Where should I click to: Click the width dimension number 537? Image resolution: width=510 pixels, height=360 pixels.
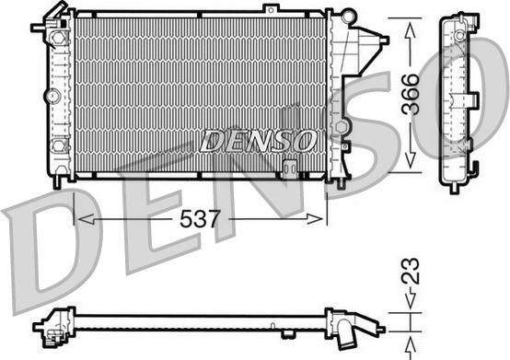[x=200, y=221]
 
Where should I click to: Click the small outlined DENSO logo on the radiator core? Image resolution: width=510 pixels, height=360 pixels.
[x=258, y=141]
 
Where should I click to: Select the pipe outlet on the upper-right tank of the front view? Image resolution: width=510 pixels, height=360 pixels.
[x=379, y=40]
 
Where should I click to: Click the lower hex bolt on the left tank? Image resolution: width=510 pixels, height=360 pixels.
[x=60, y=145]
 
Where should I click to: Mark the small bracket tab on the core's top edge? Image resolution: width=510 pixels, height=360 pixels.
[x=270, y=9]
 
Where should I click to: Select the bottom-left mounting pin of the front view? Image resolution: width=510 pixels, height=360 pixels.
[x=58, y=181]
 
